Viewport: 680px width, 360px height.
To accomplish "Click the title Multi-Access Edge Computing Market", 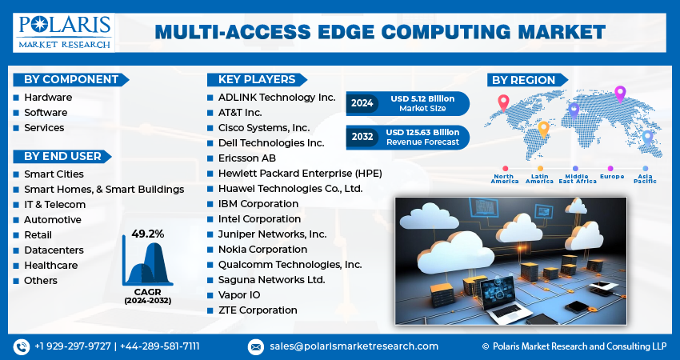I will (x=380, y=32).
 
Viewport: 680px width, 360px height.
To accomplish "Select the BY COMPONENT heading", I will (x=71, y=79).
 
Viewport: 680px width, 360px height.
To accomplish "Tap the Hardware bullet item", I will (x=48, y=97).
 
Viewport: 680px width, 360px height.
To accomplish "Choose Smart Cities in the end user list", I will (x=54, y=174).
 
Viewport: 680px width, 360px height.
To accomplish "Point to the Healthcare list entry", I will (x=50, y=265).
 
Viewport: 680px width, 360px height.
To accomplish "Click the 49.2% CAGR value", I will (x=148, y=234).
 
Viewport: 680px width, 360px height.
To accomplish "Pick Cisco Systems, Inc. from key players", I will (x=264, y=127).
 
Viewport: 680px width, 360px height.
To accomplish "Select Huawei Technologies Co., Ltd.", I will (x=290, y=189).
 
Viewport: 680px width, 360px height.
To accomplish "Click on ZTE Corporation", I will (x=258, y=310).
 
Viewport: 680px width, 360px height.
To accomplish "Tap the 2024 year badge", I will (x=362, y=103).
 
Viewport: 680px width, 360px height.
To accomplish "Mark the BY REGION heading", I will (x=523, y=80).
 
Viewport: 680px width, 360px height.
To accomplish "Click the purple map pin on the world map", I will (x=619, y=93).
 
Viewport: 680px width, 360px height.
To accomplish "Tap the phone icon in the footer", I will (x=21, y=346).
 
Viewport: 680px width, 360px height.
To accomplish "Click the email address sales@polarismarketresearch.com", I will (x=353, y=346).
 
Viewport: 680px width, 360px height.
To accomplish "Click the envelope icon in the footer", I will (x=256, y=346).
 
